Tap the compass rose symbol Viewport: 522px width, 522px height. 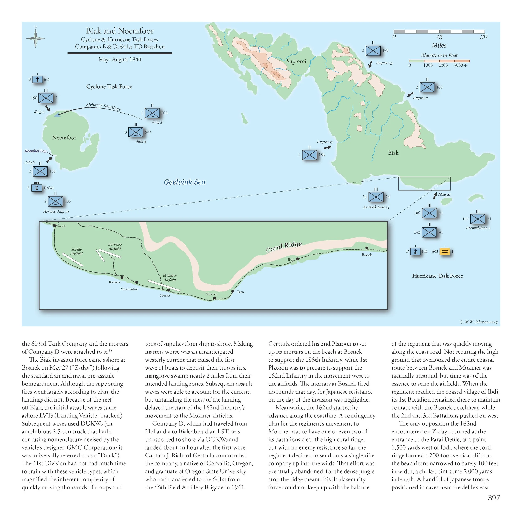tap(35, 39)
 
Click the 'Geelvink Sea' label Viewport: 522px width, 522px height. tap(185, 182)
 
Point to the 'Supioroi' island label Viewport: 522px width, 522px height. tap(296, 61)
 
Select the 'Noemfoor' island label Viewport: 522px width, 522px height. tap(64, 138)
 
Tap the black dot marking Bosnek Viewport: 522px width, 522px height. tap(367, 248)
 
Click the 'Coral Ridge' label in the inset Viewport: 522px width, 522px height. tap(284, 247)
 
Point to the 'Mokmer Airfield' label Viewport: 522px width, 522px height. tap(170, 277)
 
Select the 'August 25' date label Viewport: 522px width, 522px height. tap(384, 63)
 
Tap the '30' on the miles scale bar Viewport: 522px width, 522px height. tap(484, 37)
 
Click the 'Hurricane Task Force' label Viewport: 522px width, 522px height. tap(437, 276)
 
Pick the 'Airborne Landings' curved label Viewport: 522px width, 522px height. tap(103, 106)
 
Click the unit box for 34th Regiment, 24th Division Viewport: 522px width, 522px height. tap(376, 197)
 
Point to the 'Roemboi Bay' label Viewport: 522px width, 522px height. tap(36, 151)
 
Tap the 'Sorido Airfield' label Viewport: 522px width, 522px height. tap(76, 251)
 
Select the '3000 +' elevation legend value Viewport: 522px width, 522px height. tap(460, 65)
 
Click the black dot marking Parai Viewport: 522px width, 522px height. tap(233, 291)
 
